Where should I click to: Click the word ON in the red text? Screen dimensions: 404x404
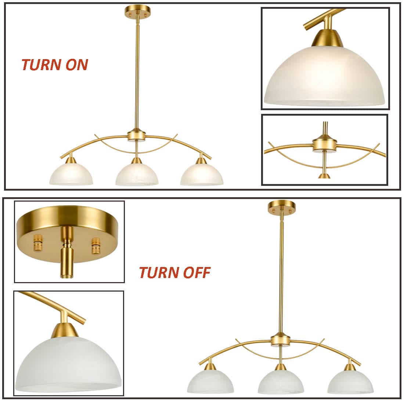click(77, 64)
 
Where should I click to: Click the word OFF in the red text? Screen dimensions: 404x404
click(196, 273)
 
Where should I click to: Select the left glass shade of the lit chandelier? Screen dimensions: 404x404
click(71, 174)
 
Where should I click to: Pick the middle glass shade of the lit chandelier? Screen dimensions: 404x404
click(137, 174)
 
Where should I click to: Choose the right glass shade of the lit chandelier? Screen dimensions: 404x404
click(202, 174)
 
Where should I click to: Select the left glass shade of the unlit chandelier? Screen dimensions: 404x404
click(210, 382)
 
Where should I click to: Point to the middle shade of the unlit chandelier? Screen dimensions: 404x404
click(281, 382)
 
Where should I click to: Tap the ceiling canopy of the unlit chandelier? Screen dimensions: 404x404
click(282, 207)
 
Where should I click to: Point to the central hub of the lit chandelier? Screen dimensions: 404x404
click(137, 135)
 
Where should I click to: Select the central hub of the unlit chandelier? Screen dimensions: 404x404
click(281, 340)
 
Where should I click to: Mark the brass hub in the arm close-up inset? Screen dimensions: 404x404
click(325, 144)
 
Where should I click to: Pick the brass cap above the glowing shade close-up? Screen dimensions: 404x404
click(328, 38)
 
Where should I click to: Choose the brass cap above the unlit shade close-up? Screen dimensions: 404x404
click(65, 330)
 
